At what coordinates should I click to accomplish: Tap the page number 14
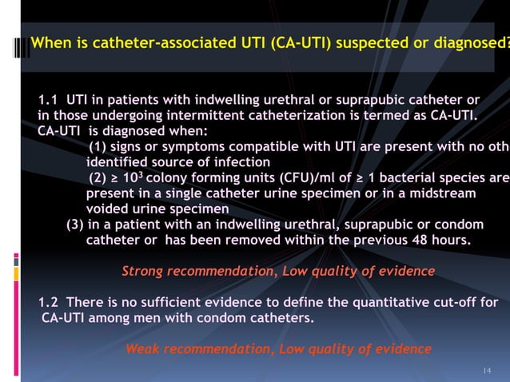click(486, 370)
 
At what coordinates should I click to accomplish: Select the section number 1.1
click(49, 101)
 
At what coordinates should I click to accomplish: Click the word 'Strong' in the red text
click(144, 272)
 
